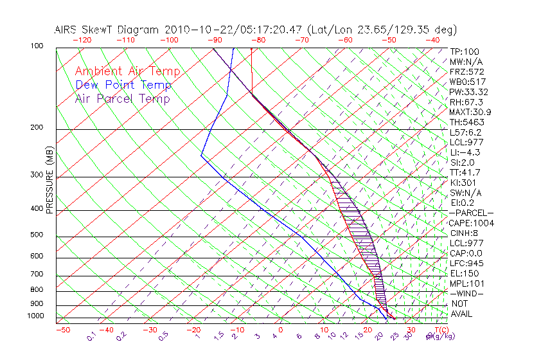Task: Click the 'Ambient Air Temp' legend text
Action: tap(127, 71)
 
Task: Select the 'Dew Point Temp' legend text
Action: tap(123, 85)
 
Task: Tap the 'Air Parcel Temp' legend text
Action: tap(123, 98)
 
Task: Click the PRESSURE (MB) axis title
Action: tap(49, 180)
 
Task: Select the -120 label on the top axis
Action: tap(82, 40)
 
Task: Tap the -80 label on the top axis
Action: tap(257, 40)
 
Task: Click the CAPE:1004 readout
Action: tap(472, 223)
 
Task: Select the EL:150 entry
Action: tap(464, 273)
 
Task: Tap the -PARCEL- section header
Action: tap(472, 213)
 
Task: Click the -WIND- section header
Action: tap(467, 293)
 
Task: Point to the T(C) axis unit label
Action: tap(441, 330)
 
